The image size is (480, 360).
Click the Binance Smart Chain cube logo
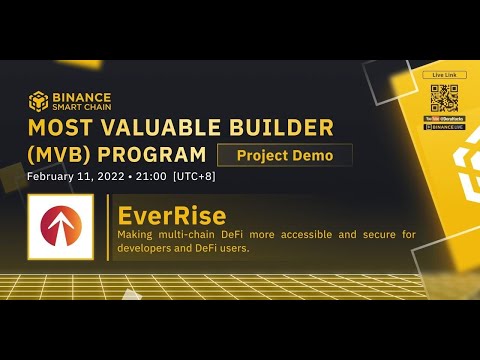(38, 101)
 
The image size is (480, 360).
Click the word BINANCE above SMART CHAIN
(79, 96)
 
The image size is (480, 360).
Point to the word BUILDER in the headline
(260, 128)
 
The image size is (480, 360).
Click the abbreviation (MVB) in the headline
(64, 155)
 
